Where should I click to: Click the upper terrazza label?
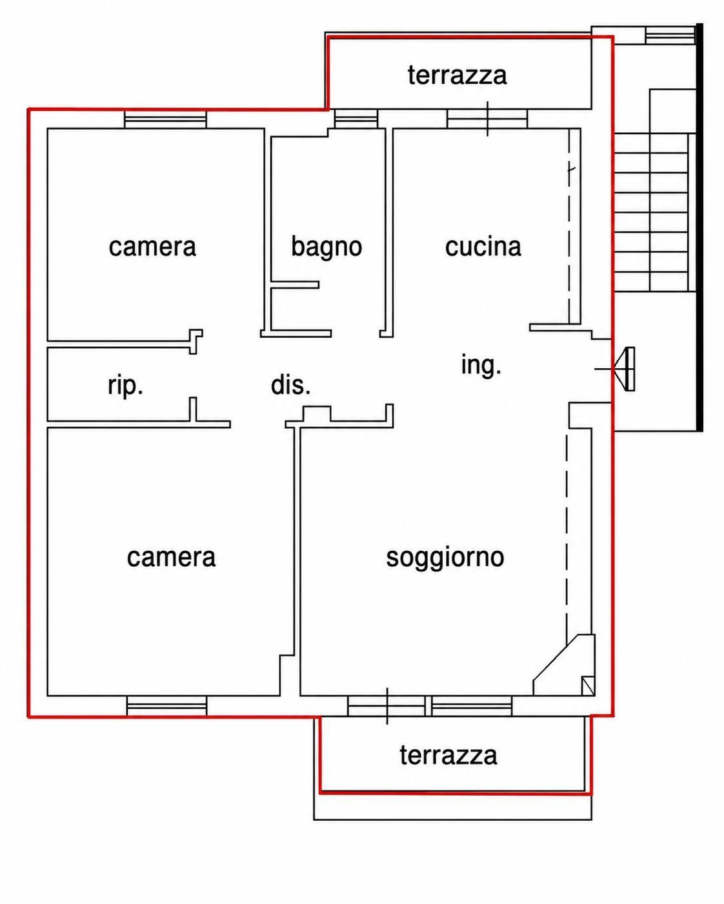457,75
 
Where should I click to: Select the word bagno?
327,247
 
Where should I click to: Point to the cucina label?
483,246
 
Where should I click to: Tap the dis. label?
290,385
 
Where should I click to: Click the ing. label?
481,366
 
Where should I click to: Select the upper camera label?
152,246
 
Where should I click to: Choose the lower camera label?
171,558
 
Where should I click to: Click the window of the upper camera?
165,119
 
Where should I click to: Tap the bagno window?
356,119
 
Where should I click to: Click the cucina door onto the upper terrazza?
487,119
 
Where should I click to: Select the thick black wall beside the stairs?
699,228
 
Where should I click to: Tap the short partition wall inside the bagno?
295,285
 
